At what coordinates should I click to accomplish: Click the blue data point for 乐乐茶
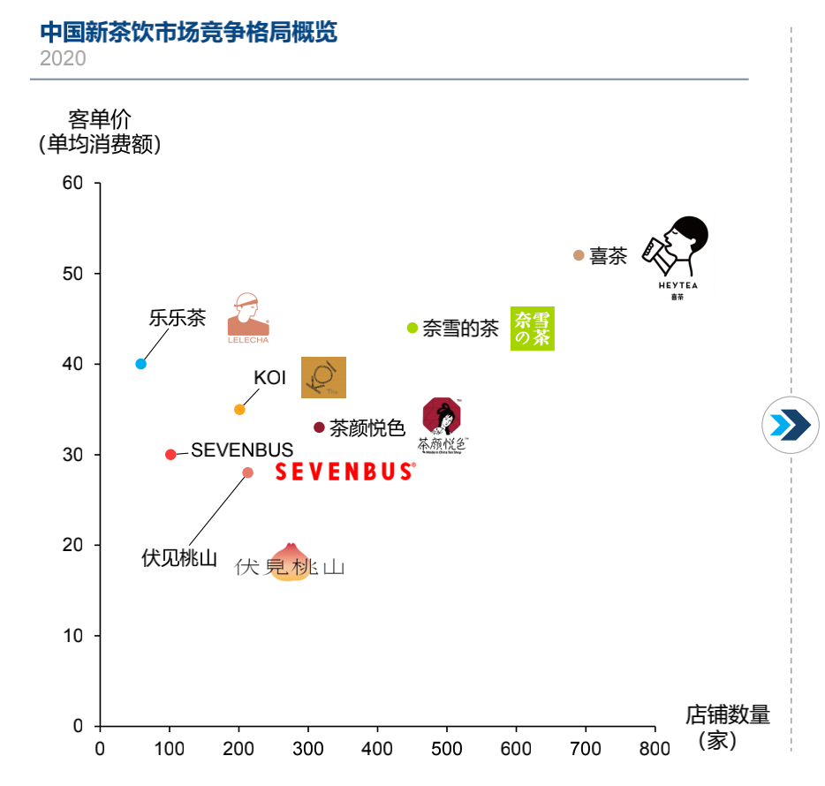click(140, 364)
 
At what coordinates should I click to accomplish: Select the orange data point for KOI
click(239, 409)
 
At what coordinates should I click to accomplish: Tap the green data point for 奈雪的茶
click(412, 328)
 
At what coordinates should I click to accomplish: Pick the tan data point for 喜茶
click(579, 255)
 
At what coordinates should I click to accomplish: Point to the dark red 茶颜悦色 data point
click(319, 427)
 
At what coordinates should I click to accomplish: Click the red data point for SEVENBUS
click(170, 455)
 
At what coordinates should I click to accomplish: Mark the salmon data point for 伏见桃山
click(247, 472)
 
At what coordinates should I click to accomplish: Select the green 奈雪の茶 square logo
click(532, 329)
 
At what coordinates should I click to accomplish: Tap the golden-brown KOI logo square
click(323, 377)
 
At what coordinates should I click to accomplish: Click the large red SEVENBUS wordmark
click(344, 472)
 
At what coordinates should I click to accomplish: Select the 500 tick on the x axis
click(447, 749)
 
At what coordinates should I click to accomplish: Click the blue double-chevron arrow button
click(790, 425)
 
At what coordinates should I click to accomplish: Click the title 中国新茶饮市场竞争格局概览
click(189, 33)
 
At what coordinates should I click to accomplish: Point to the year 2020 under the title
click(63, 58)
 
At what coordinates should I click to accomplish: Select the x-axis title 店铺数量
click(727, 714)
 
